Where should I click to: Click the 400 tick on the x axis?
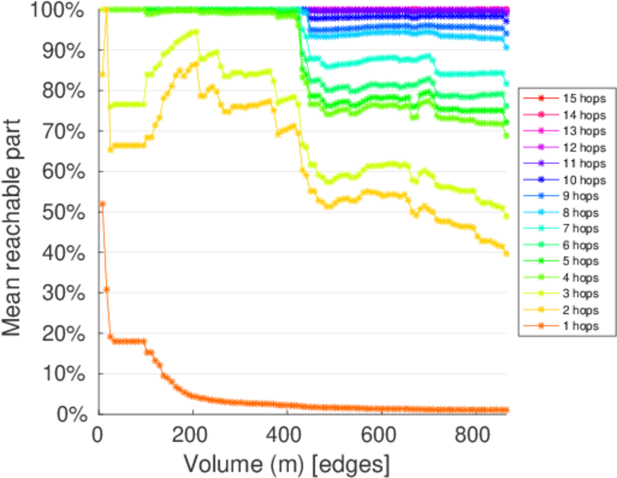pyautogui.click(x=287, y=434)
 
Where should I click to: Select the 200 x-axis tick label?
pyautogui.click(x=193, y=434)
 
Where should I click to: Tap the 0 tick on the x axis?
pyautogui.click(x=99, y=434)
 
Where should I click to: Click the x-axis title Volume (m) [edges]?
pyautogui.click(x=287, y=463)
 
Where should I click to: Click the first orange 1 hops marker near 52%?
pyautogui.click(x=102, y=204)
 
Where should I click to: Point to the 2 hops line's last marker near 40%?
pyautogui.click(x=506, y=253)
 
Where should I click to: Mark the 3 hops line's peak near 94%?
pyautogui.click(x=195, y=32)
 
